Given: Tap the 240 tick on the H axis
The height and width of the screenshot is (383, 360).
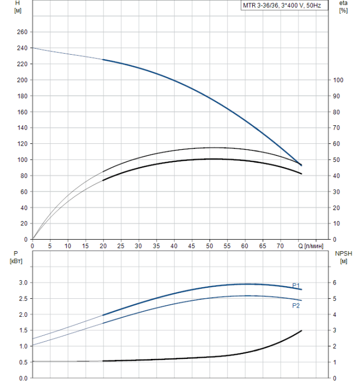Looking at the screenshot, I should (21, 48).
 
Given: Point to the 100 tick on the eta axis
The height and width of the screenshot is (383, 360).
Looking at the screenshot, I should (338, 80).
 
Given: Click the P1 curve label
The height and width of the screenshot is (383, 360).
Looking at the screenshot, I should (296, 285).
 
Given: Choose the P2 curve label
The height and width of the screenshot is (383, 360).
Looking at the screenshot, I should (296, 306).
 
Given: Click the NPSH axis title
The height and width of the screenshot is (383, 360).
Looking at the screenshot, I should (342, 254).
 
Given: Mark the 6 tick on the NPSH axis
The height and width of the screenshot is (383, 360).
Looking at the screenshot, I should (336, 282).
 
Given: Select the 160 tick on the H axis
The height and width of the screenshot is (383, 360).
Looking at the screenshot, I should (21, 112).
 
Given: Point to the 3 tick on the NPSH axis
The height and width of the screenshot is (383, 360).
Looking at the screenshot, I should (336, 330).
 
